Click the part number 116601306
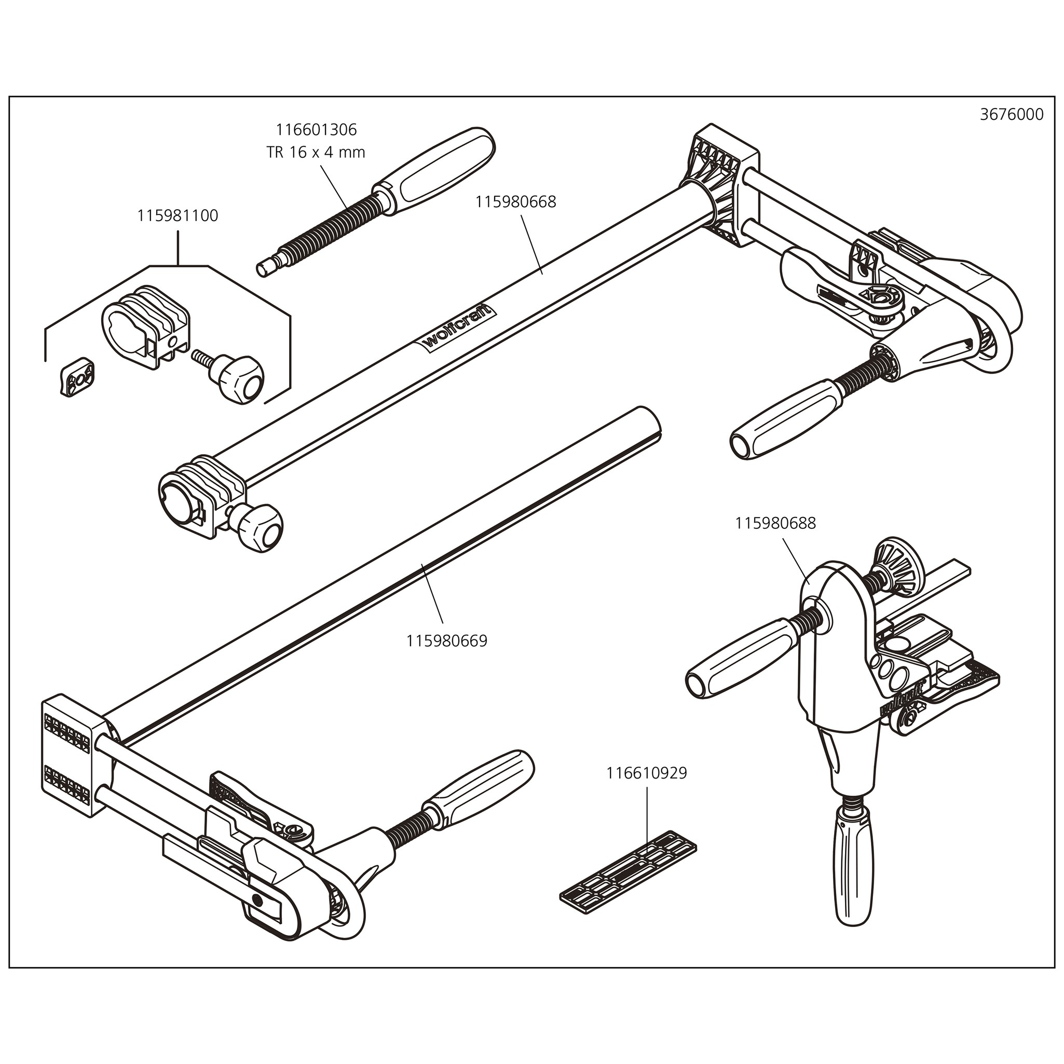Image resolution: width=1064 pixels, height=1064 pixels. coord(316,129)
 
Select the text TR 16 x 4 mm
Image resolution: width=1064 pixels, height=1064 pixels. coord(316,152)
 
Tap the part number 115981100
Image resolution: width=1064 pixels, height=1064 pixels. coord(178,215)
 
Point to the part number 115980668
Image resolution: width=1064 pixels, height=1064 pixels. coord(515,202)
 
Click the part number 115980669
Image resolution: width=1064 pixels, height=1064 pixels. coord(447,640)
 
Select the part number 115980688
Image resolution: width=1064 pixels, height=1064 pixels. coord(775,523)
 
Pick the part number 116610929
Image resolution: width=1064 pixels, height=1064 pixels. coord(647,773)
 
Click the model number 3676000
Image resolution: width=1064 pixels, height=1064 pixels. coord(1011,115)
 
